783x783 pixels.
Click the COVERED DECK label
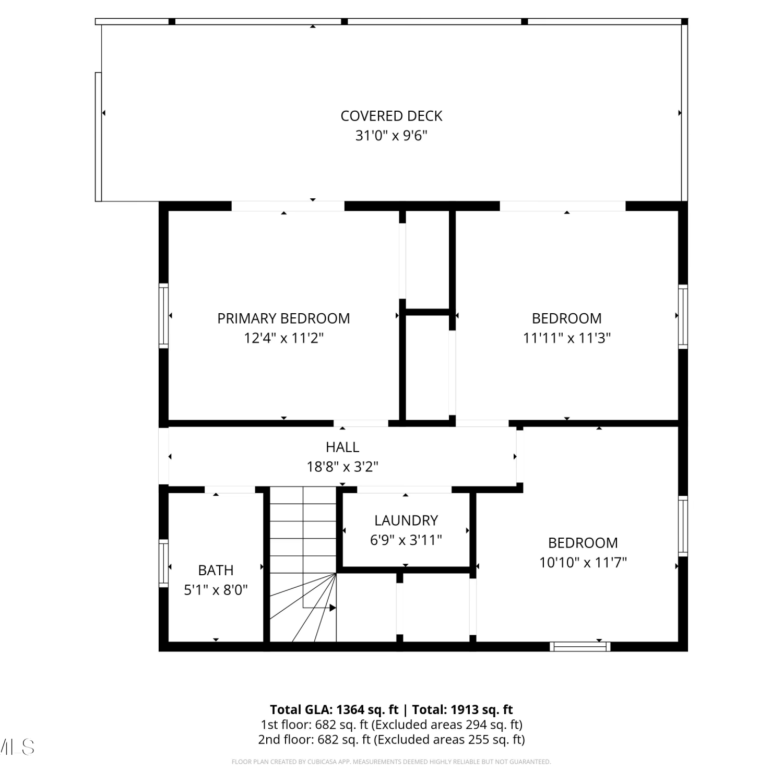pyautogui.click(x=391, y=116)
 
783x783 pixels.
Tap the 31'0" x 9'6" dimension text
pyautogui.click(x=391, y=136)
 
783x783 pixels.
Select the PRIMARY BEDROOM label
pyautogui.click(x=283, y=318)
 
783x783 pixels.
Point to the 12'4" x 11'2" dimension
pyautogui.click(x=283, y=338)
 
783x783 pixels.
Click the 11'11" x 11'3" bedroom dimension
pyautogui.click(x=567, y=338)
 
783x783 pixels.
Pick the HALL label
pyautogui.click(x=342, y=447)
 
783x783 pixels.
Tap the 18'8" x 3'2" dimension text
pyautogui.click(x=342, y=467)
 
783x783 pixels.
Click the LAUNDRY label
pyautogui.click(x=406, y=520)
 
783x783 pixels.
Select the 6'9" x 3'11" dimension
pyautogui.click(x=406, y=540)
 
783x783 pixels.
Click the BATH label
pyautogui.click(x=216, y=570)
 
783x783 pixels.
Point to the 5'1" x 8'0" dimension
pyautogui.click(x=216, y=590)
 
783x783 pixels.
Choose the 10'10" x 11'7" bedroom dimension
pyautogui.click(x=583, y=563)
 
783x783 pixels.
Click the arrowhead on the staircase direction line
pyautogui.click(x=333, y=608)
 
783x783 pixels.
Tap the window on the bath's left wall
pyautogui.click(x=164, y=563)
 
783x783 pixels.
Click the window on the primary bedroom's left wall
pyautogui.click(x=164, y=316)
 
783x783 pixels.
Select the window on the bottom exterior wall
pyautogui.click(x=580, y=647)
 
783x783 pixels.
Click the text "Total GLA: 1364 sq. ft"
pyautogui.click(x=334, y=710)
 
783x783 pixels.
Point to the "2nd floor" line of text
pyautogui.click(x=391, y=740)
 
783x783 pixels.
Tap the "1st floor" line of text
pyautogui.click(x=391, y=725)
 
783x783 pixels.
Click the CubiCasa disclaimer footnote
pyautogui.click(x=391, y=762)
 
